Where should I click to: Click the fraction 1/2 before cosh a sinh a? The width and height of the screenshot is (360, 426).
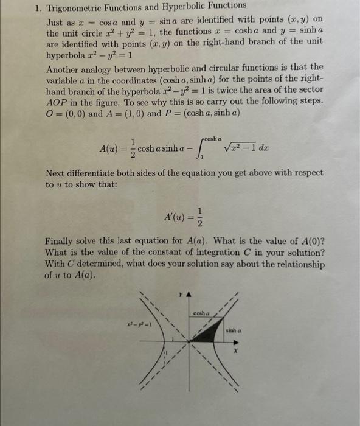130,147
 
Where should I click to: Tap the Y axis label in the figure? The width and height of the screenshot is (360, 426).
180,295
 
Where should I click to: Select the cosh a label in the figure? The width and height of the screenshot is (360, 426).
202,315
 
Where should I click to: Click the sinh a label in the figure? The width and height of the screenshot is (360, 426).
235,331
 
